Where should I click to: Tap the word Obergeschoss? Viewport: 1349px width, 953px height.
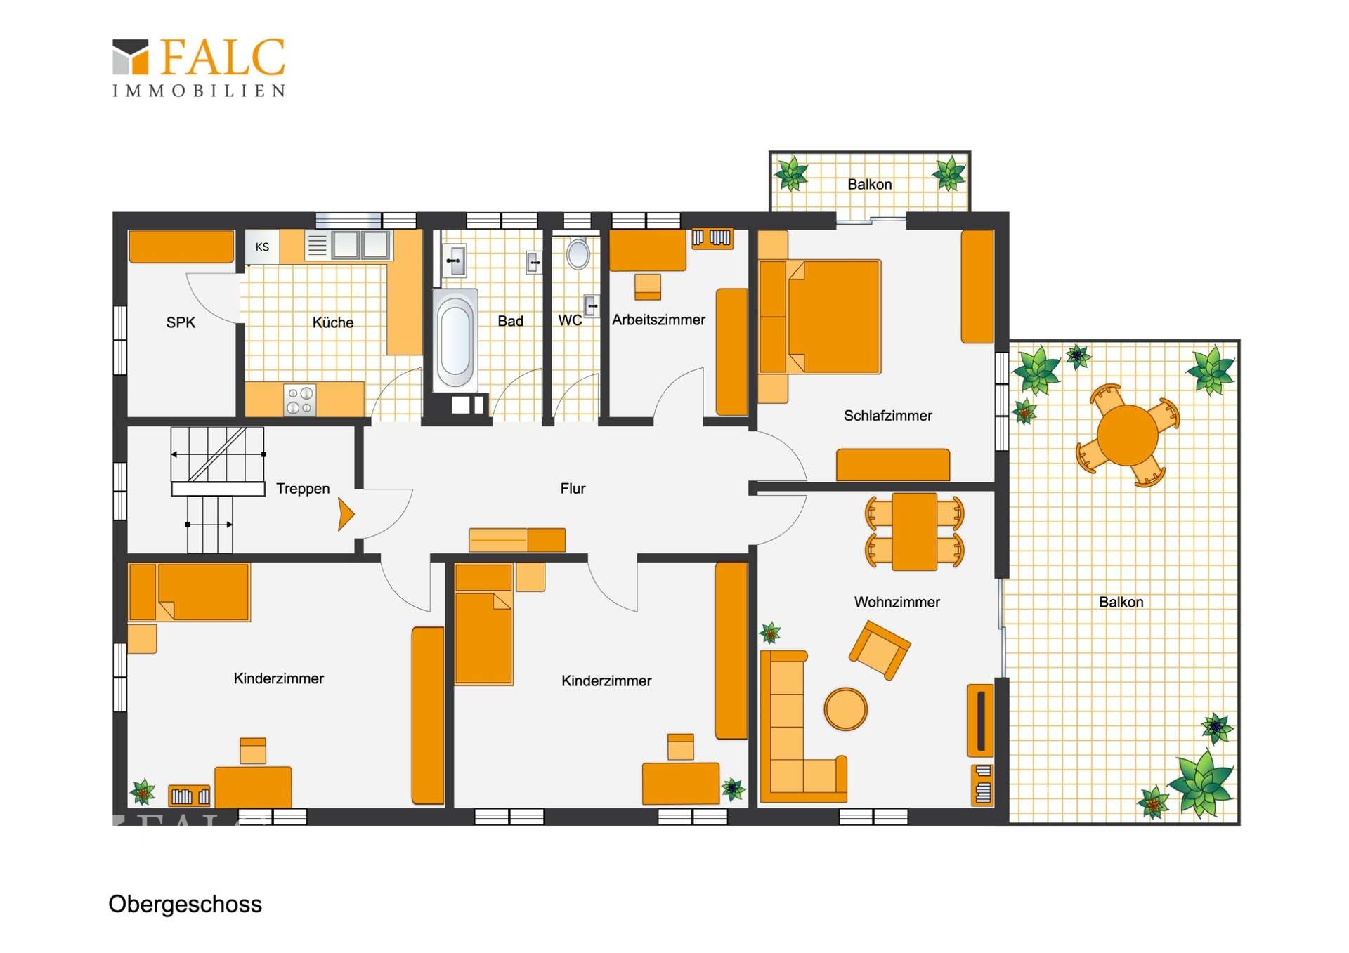(x=185, y=904)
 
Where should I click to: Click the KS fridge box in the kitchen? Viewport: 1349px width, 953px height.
(x=262, y=247)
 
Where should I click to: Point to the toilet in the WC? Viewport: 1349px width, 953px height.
(x=578, y=254)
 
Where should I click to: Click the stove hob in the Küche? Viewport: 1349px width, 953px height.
(x=300, y=400)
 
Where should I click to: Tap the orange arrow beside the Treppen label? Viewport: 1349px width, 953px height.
(x=346, y=514)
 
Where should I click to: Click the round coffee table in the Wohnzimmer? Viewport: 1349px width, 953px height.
(x=845, y=709)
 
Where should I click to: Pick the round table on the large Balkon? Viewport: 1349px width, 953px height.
(x=1128, y=435)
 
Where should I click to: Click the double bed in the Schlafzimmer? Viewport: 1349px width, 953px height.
(x=820, y=317)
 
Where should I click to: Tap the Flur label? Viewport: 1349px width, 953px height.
(x=573, y=488)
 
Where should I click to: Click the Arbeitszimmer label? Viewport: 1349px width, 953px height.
(x=658, y=320)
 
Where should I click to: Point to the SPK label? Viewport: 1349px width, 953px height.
(x=181, y=322)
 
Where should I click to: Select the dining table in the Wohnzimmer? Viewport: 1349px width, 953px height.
(x=914, y=532)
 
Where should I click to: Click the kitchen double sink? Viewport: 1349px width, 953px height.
(x=361, y=244)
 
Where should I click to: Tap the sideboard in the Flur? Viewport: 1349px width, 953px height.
(x=517, y=540)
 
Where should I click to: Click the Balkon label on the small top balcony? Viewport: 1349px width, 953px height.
(x=870, y=184)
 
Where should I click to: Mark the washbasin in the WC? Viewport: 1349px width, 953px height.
(x=592, y=306)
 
